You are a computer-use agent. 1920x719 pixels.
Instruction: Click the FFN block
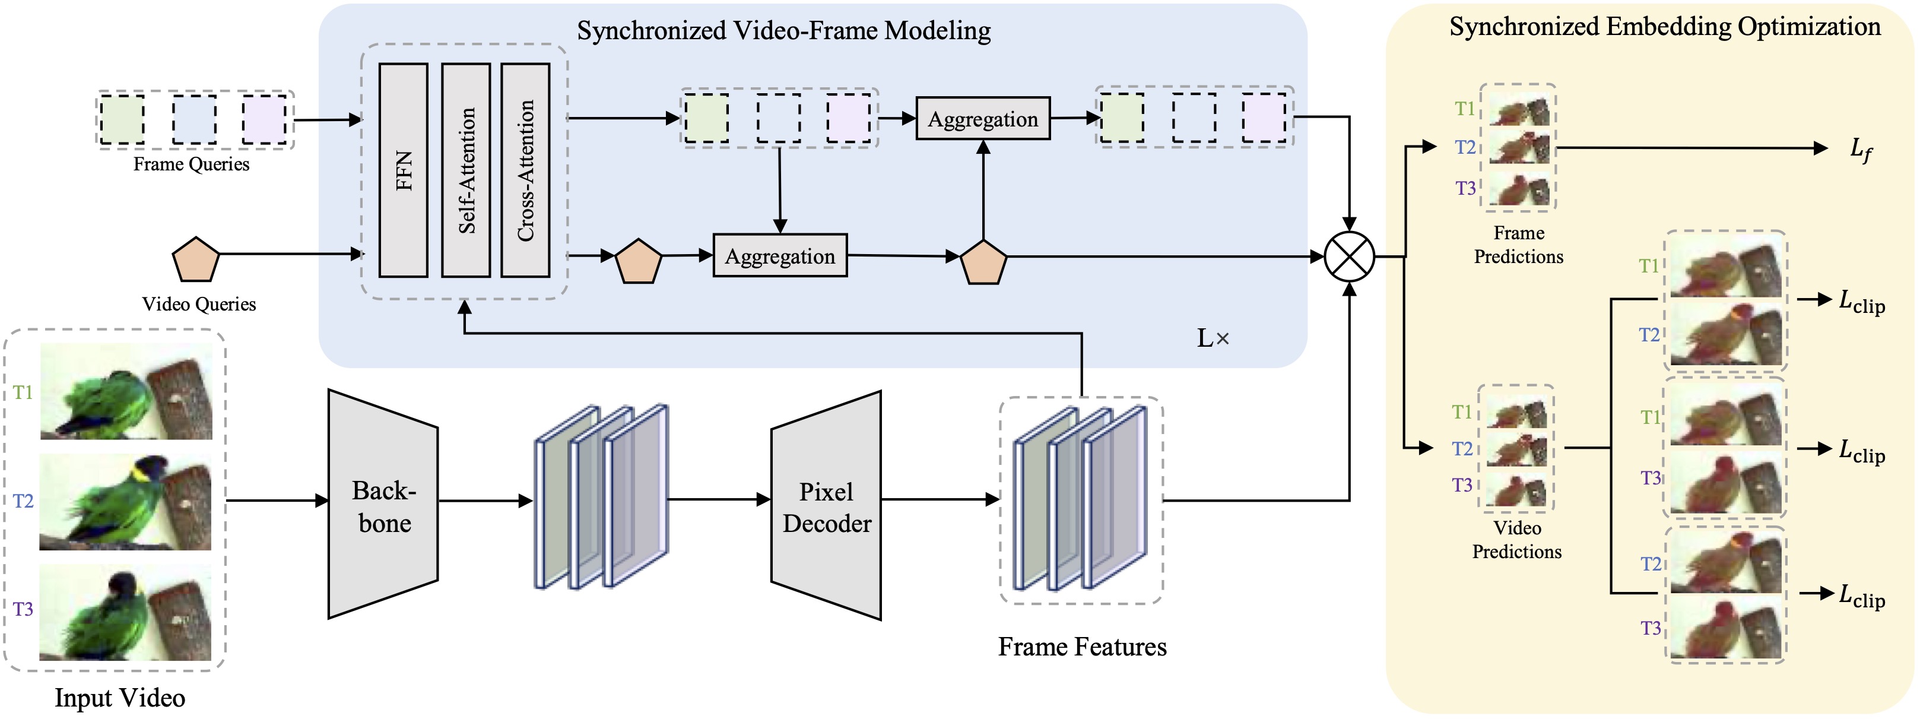click(x=403, y=170)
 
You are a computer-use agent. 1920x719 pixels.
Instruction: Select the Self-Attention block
click(x=466, y=170)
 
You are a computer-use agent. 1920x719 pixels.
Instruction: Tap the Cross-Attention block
click(x=525, y=170)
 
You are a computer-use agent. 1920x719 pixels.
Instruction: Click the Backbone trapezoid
click(x=383, y=505)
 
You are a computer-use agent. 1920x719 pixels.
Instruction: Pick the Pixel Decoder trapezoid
click(x=827, y=506)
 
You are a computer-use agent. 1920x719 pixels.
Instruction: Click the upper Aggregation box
click(x=982, y=119)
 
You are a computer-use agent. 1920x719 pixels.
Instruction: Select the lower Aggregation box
click(x=780, y=256)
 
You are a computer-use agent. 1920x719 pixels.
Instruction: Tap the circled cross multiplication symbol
click(x=1349, y=256)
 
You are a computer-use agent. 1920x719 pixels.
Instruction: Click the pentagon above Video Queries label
click(x=195, y=259)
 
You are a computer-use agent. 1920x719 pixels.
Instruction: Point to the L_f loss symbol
click(x=1861, y=149)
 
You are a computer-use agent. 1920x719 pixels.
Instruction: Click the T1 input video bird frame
click(x=126, y=392)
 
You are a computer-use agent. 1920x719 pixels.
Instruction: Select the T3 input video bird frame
click(x=125, y=612)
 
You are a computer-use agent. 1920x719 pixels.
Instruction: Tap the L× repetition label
click(x=1213, y=338)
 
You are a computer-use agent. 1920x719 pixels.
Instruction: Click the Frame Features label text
click(x=1082, y=647)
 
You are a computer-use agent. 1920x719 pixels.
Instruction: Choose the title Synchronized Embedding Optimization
click(x=1664, y=27)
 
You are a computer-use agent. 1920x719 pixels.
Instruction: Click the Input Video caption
click(x=120, y=698)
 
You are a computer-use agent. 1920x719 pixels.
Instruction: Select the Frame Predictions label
click(x=1518, y=245)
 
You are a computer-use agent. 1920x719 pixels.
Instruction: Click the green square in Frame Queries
click(x=122, y=119)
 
